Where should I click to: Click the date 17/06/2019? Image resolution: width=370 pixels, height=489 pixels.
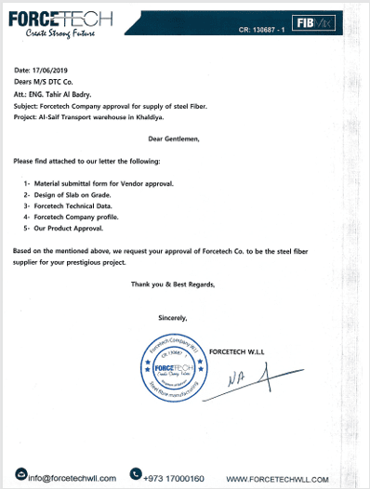[x=51, y=70]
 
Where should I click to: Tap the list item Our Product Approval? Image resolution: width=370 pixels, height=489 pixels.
[x=70, y=228]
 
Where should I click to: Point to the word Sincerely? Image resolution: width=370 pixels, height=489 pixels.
[x=173, y=318]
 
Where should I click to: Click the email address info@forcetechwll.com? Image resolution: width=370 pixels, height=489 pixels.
[x=72, y=478]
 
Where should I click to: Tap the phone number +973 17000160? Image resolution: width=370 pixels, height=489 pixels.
[x=174, y=478]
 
